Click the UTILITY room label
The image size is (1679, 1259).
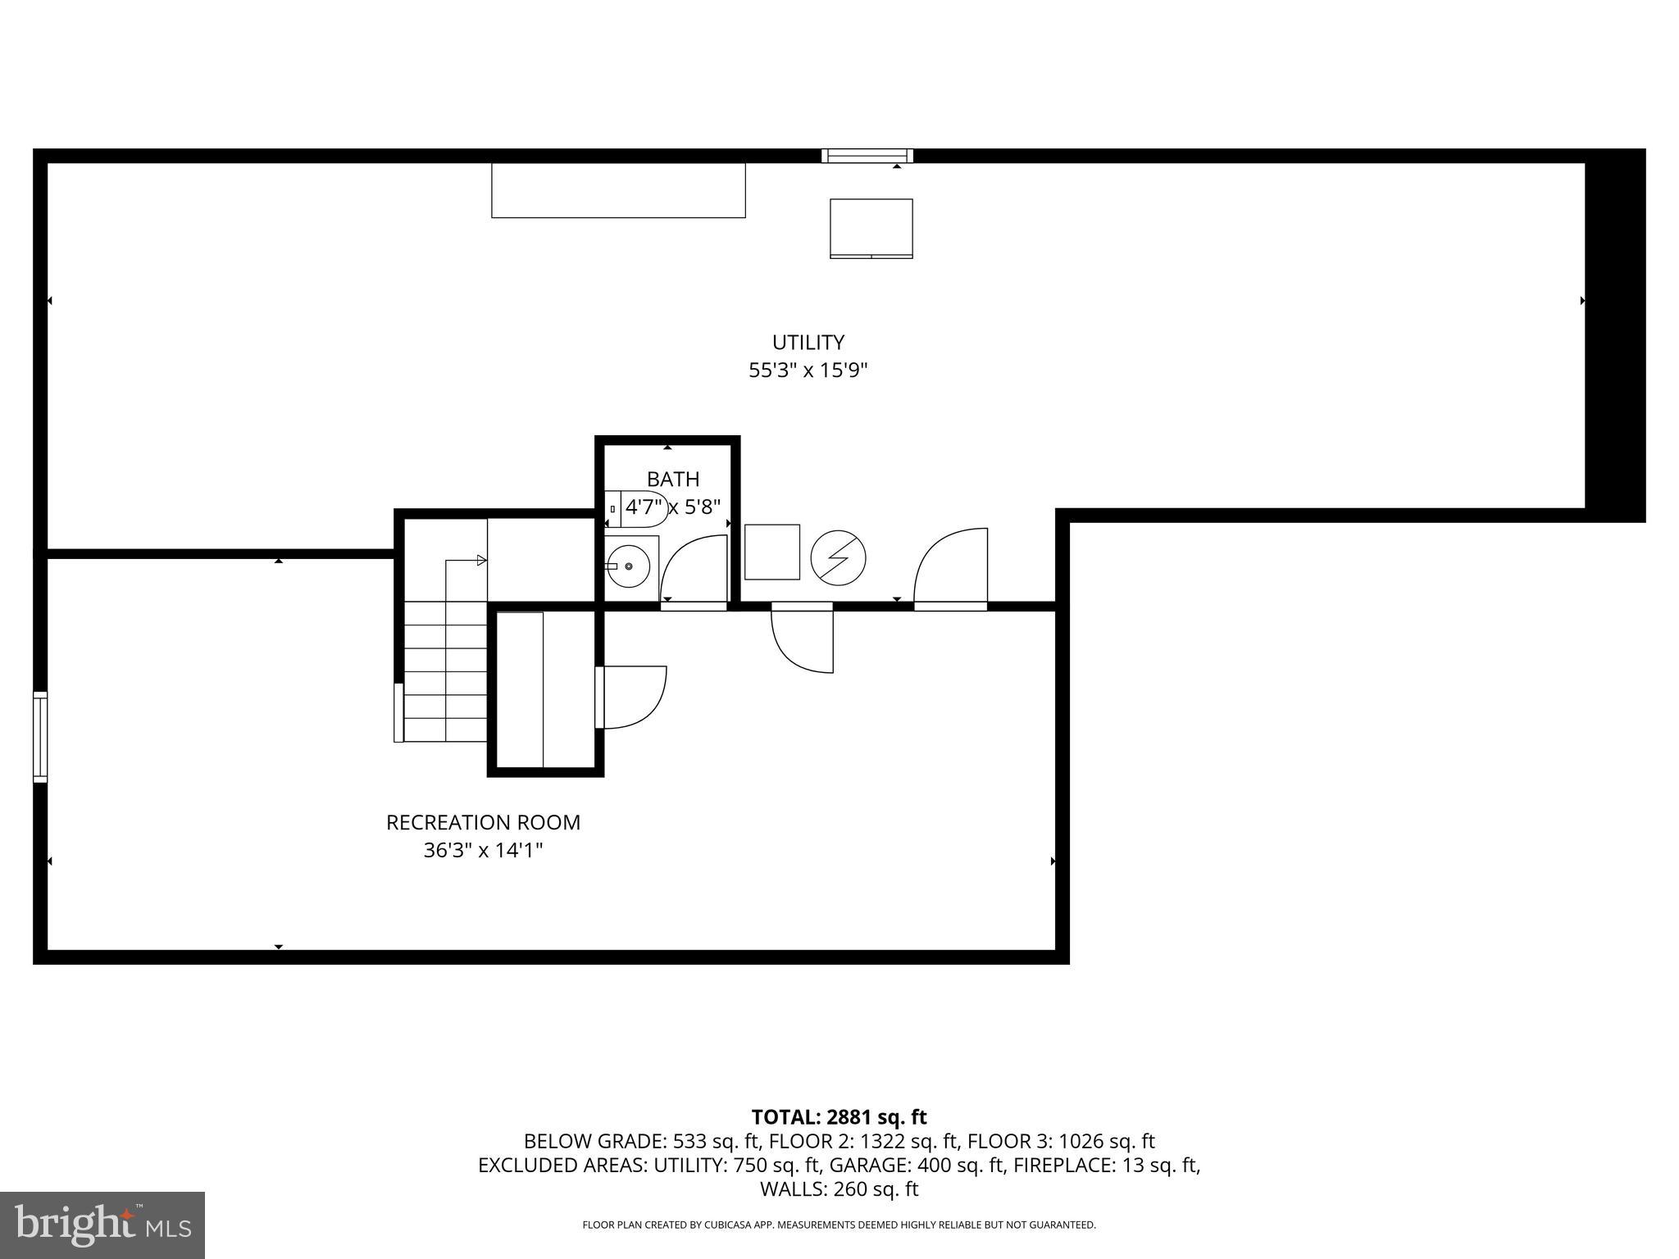tap(808, 342)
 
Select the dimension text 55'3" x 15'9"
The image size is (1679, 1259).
tap(808, 370)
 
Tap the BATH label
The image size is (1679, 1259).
tap(673, 479)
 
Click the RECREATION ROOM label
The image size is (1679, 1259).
tap(483, 822)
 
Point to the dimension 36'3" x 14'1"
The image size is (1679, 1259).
tap(483, 851)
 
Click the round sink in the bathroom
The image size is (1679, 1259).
tap(629, 566)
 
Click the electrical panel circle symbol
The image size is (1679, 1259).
tap(838, 558)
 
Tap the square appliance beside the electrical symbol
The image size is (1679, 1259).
tap(771, 552)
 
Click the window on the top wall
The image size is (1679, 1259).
tap(867, 156)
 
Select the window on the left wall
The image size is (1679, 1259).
tap(39, 737)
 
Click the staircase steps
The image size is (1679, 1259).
tap(445, 671)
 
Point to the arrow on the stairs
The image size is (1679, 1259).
tap(481, 561)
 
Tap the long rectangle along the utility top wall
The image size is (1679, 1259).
tap(618, 190)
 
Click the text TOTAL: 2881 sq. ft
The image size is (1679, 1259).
tap(839, 1117)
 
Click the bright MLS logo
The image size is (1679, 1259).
tap(102, 1225)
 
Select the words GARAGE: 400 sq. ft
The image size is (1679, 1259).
tap(913, 1165)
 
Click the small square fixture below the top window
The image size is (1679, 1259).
tap(871, 228)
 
